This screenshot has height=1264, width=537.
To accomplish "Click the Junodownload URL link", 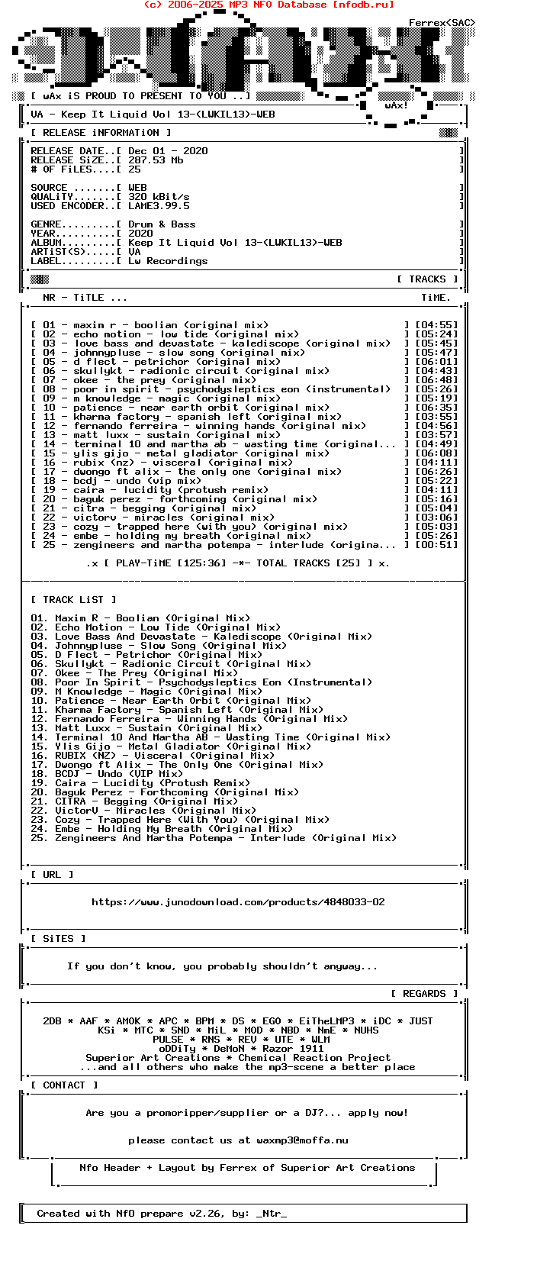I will click(238, 902).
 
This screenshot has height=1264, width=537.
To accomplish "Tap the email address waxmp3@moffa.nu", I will click(302, 1140).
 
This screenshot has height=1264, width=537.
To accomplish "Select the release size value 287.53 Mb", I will click(156, 160).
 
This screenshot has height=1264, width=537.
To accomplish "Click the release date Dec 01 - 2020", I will click(168, 151).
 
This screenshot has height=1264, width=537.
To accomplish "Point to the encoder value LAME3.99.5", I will click(159, 206).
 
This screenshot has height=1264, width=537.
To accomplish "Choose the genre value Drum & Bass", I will click(162, 224).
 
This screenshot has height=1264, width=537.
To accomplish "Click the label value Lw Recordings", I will click(168, 261).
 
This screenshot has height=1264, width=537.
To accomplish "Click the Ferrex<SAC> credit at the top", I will click(442, 23).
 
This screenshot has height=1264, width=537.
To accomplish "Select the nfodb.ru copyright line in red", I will click(268, 5).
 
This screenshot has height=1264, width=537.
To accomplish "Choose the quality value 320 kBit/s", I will click(159, 197).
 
